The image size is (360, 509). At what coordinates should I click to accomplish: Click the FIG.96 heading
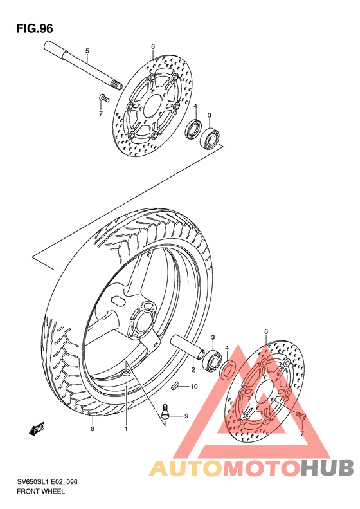(x=35, y=28)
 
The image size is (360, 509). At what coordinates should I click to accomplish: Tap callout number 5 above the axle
(x=87, y=51)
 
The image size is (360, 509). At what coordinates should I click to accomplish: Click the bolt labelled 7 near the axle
(x=102, y=98)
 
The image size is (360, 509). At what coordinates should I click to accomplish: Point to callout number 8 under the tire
(x=93, y=428)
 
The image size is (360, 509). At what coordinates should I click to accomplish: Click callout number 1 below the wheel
(x=126, y=428)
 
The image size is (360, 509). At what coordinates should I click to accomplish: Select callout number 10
(x=194, y=387)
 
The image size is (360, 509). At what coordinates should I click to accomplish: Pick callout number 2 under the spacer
(x=192, y=369)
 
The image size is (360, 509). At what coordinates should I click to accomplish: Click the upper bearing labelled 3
(x=210, y=137)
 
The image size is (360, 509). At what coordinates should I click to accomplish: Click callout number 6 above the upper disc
(x=153, y=46)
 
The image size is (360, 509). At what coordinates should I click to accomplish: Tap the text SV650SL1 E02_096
(x=52, y=482)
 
